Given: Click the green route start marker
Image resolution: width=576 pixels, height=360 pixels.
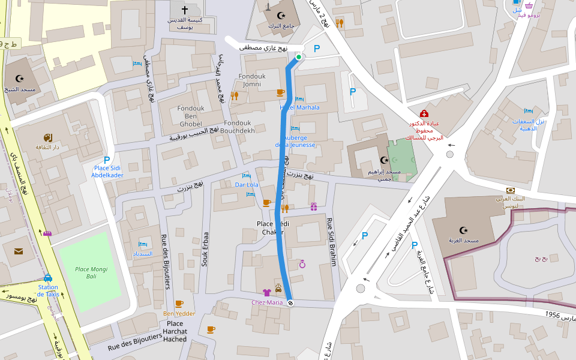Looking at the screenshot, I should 298,58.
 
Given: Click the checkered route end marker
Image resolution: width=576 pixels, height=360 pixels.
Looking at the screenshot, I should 290,303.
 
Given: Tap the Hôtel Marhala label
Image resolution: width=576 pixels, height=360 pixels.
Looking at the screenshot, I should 299,107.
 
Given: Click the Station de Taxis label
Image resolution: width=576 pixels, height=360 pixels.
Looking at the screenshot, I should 48,290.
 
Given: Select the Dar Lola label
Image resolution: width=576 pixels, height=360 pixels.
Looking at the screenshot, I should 247,185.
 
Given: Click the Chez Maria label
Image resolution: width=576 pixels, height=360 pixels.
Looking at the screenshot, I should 266,302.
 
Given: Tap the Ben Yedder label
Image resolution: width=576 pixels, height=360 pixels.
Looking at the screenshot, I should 179,313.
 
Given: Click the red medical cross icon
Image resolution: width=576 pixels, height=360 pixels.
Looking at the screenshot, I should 424,114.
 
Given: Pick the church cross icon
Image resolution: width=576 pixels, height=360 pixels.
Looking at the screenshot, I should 184,10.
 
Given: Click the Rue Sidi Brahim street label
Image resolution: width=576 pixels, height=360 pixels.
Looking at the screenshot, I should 331,241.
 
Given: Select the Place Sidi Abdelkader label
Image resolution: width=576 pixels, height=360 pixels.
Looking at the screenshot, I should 107,172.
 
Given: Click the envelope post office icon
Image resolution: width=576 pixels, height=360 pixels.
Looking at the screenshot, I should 19,251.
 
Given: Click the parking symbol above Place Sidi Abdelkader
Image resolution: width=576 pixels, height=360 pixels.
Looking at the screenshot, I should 107,160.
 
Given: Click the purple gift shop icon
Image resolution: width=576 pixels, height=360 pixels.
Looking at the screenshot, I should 313,207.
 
